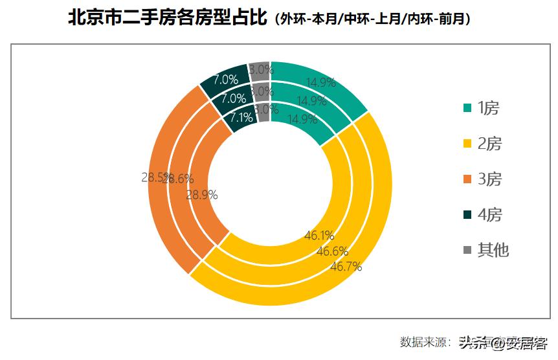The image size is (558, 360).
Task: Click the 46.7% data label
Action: click(346, 266)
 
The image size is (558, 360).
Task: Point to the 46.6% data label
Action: click(332, 251)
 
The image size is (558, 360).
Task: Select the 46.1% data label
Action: click(319, 236)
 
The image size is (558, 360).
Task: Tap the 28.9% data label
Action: click(202, 194)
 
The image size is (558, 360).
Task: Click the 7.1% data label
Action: click(241, 118)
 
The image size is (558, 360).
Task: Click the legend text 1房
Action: click(489, 109)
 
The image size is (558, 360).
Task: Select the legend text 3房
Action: click(489, 179)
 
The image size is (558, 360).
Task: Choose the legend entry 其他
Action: click(493, 250)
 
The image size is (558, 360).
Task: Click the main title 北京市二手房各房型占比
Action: click(168, 17)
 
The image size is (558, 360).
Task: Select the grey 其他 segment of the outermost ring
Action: click(259, 69)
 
